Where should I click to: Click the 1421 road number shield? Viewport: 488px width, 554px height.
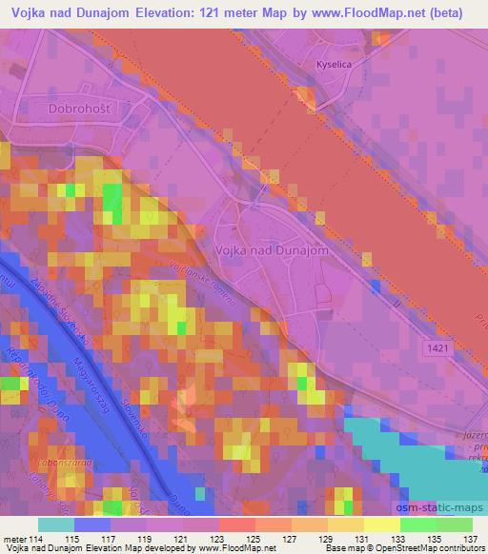(438, 350)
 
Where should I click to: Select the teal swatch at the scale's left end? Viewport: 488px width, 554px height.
(56, 524)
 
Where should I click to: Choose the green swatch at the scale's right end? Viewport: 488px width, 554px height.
(454, 524)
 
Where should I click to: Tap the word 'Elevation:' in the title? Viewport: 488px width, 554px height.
(171, 13)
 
